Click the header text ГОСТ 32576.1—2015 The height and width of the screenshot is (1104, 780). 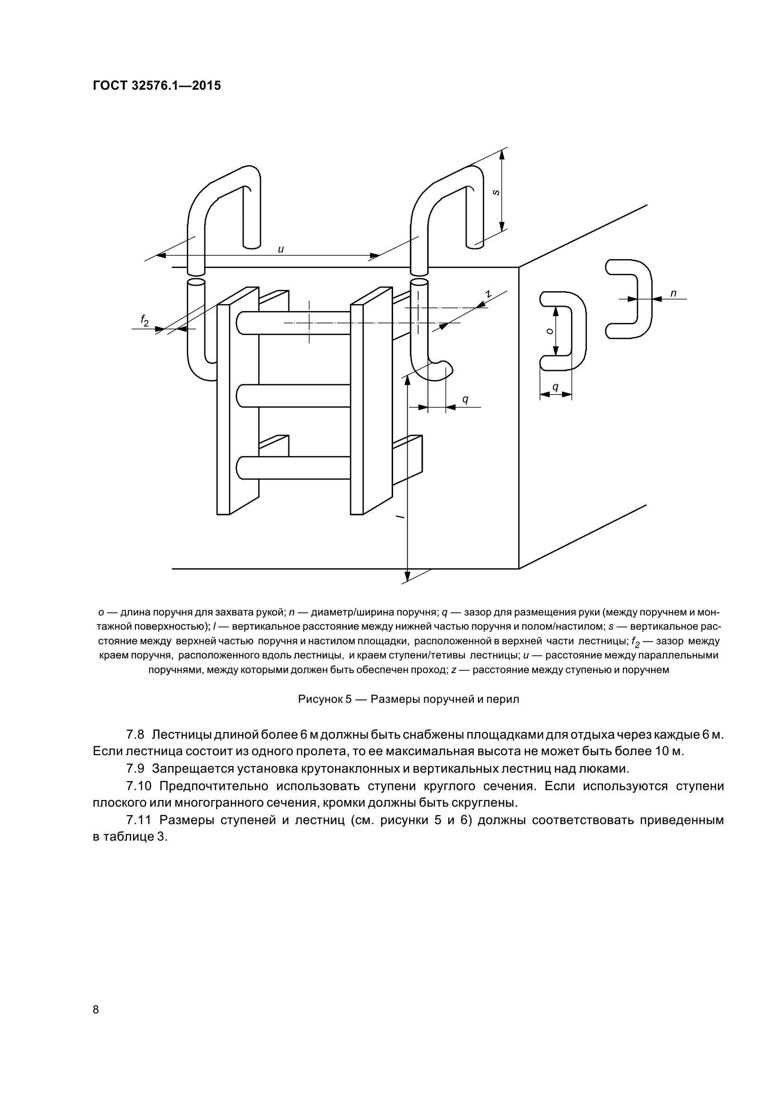(157, 85)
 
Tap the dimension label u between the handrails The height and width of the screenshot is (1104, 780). (281, 249)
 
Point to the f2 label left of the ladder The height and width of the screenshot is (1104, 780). (144, 320)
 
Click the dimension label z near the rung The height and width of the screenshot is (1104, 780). (488, 294)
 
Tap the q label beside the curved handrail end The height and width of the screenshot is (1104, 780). (465, 399)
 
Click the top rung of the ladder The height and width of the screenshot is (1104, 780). (294, 323)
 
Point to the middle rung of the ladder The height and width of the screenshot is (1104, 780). (294, 396)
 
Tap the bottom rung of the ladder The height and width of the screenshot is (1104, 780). (294, 468)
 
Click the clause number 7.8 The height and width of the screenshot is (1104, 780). (135, 735)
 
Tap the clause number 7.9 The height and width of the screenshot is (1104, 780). (135, 768)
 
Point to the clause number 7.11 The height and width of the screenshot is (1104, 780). (139, 820)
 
